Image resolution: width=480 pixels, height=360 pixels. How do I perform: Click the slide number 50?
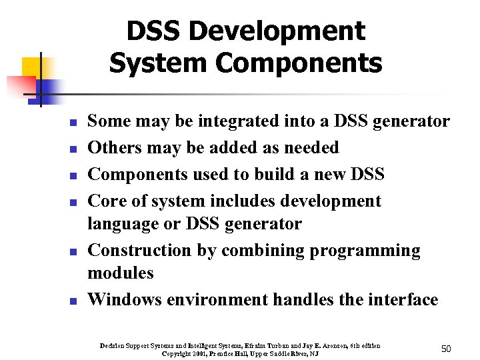[446, 349]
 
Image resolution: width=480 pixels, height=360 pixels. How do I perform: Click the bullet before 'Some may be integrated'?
[75, 123]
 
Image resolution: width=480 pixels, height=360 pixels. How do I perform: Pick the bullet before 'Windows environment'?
[75, 301]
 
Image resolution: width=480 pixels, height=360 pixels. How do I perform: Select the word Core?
[107, 201]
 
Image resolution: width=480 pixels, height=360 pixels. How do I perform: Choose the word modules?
[121, 273]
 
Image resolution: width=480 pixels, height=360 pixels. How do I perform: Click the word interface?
[401, 299]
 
